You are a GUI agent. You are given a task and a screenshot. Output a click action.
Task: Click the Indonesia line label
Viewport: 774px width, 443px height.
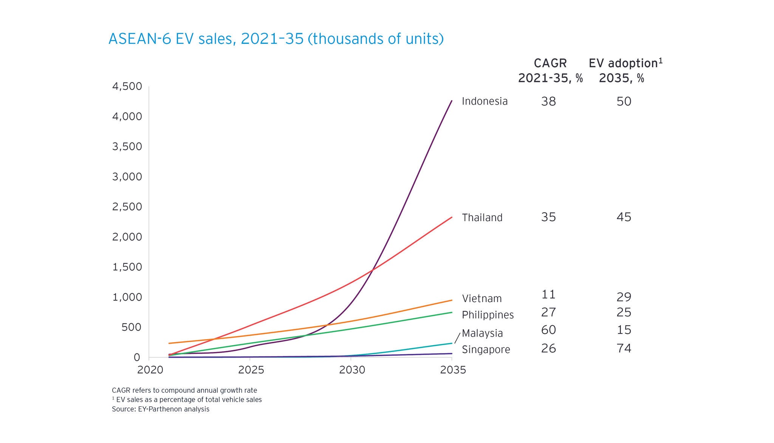[485, 101]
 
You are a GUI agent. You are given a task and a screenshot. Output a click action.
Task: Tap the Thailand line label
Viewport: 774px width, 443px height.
[482, 218]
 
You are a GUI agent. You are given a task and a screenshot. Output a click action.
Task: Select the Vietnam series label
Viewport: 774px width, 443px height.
[482, 298]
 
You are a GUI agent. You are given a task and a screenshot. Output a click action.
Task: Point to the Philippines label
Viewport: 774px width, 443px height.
[488, 315]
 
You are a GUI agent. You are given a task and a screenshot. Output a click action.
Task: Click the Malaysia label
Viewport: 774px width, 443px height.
[482, 333]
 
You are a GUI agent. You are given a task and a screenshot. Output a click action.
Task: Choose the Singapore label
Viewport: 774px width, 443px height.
[486, 349]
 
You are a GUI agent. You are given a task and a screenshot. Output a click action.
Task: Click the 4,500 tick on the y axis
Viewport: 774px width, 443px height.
[127, 86]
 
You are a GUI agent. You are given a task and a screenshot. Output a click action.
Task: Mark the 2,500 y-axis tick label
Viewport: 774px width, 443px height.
[127, 207]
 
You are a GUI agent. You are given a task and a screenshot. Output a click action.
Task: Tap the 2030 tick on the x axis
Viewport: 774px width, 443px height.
[352, 370]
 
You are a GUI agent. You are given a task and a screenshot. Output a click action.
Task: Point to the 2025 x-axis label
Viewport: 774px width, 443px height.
[251, 370]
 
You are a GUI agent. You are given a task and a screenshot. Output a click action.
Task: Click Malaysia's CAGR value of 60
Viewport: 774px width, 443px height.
[548, 330]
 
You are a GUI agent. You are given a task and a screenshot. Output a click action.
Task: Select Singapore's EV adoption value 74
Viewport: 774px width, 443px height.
[624, 348]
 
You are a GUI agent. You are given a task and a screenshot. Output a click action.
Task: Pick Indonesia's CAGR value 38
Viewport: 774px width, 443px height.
[548, 101]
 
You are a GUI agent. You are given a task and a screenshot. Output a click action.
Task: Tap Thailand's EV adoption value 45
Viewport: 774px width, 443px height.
[624, 217]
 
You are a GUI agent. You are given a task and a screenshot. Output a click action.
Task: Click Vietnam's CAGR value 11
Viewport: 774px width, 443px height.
[548, 294]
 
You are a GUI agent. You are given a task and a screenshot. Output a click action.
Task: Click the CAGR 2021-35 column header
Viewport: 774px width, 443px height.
[550, 71]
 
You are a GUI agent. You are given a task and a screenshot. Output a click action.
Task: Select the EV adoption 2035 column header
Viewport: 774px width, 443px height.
[625, 71]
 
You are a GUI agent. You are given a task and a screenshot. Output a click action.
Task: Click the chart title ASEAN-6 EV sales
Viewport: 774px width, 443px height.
[276, 39]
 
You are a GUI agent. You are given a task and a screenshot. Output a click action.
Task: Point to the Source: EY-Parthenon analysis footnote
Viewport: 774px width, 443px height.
[161, 409]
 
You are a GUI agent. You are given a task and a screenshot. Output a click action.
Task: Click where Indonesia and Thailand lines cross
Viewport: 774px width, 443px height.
[373, 270]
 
